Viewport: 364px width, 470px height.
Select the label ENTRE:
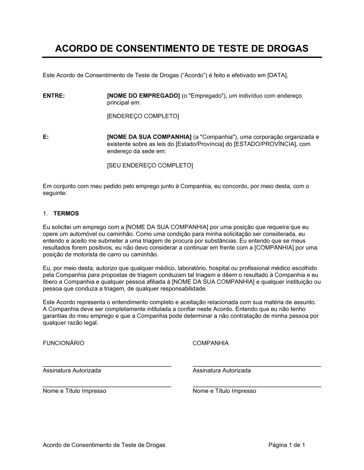point(54,96)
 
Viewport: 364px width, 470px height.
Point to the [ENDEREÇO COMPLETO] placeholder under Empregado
point(143,116)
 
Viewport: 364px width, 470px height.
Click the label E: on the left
point(46,137)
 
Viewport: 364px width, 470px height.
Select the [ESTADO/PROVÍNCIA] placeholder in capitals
point(265,144)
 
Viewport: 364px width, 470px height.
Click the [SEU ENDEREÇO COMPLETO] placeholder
point(150,165)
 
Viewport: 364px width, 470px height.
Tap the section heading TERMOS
point(66,214)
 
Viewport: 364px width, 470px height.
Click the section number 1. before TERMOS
point(45,214)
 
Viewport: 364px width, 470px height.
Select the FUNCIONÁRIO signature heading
point(64,343)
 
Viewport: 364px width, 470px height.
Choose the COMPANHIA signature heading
point(211,343)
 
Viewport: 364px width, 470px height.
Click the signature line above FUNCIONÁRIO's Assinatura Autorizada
point(107,366)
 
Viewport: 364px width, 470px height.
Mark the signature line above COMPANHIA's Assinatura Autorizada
point(257,366)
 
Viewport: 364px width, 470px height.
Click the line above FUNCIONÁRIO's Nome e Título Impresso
point(107,387)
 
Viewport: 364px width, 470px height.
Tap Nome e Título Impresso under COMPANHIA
point(224,391)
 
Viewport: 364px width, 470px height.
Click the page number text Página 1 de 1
point(286,445)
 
